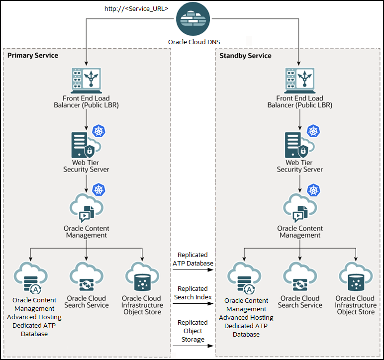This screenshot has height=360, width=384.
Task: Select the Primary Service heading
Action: (x=33, y=55)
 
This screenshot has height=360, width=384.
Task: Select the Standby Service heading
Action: (x=246, y=56)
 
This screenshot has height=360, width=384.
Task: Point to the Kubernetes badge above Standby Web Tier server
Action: (x=313, y=131)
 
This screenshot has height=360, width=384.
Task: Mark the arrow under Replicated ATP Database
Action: (x=193, y=270)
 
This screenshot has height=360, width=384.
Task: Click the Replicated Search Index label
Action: (x=193, y=293)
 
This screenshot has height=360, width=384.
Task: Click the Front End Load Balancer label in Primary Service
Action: (x=86, y=102)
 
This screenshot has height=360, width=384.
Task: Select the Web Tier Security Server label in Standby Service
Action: (x=299, y=166)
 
